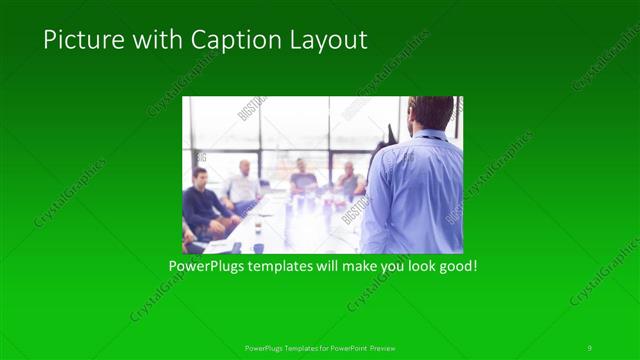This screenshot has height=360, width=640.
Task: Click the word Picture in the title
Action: click(76, 40)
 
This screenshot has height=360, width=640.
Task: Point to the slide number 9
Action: click(589, 347)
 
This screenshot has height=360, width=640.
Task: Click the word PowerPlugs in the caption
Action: click(203, 267)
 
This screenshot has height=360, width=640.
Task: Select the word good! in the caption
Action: click(453, 267)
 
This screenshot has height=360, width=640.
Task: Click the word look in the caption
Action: click(412, 267)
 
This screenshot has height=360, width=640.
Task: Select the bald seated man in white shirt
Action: click(243, 185)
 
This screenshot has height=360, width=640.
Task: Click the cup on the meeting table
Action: click(257, 228)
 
